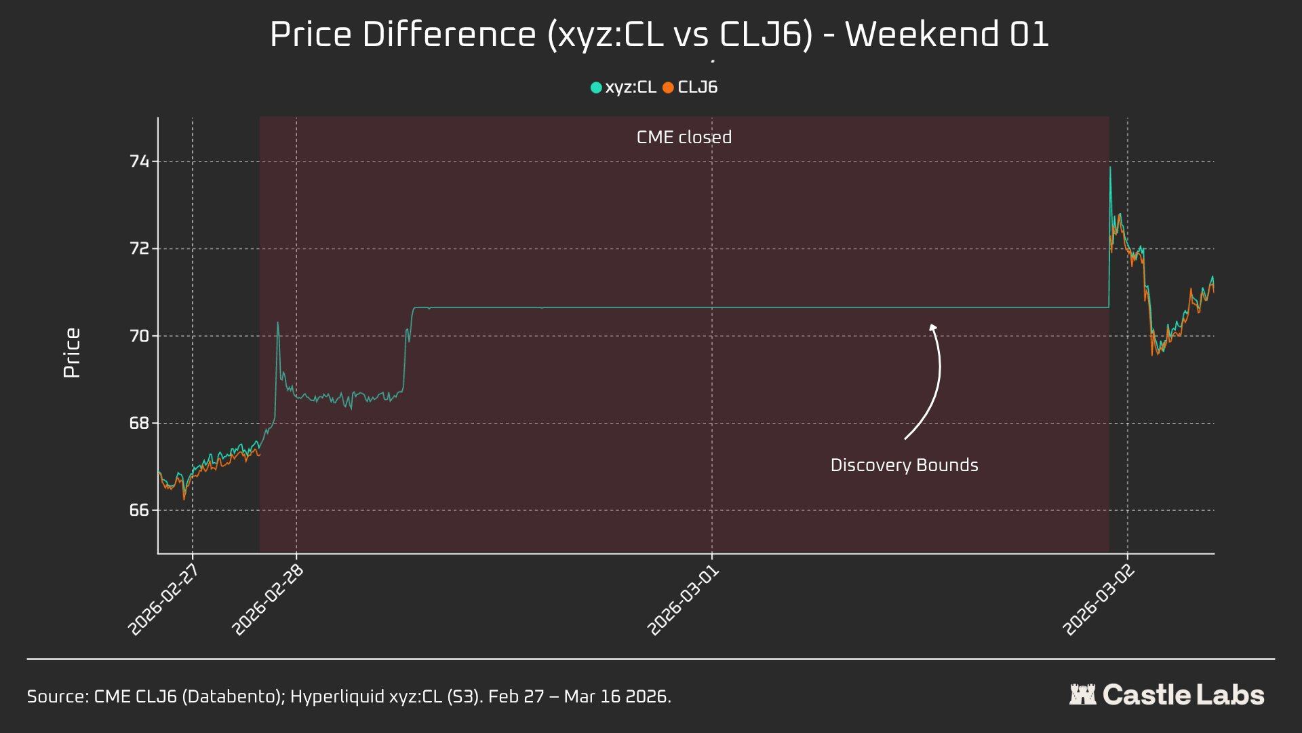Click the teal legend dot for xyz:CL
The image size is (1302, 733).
pos(596,88)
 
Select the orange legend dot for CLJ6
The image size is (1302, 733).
pos(668,88)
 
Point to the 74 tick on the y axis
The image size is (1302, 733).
pos(139,162)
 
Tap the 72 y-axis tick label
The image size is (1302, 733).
pos(139,248)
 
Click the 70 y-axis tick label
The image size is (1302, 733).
pos(139,336)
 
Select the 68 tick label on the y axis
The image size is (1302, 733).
pos(139,423)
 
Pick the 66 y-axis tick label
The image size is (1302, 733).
pos(139,510)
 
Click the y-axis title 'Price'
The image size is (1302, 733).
pos(72,353)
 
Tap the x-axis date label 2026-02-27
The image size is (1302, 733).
pos(164,599)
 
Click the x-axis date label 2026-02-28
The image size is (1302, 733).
pos(268,599)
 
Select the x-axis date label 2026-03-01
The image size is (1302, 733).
pos(684,599)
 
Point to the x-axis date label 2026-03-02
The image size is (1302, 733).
pos(1099,599)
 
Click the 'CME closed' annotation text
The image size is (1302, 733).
pos(684,137)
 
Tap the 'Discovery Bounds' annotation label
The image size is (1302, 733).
pos(904,466)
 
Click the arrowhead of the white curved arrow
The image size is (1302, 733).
pos(933,327)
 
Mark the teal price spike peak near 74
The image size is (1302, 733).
pos(1110,168)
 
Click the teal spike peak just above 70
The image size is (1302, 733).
pos(277,323)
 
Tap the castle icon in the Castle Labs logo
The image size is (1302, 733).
pos(1082,694)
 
